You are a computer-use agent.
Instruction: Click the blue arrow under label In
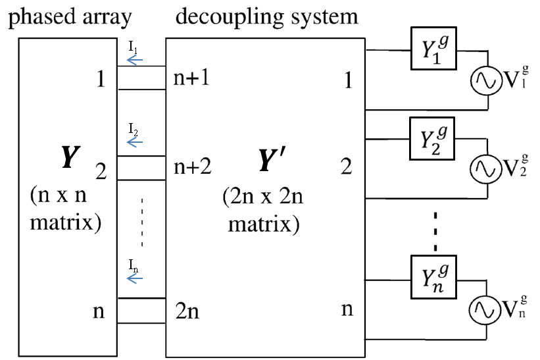click(135, 279)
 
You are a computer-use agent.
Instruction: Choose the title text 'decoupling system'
click(266, 16)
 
